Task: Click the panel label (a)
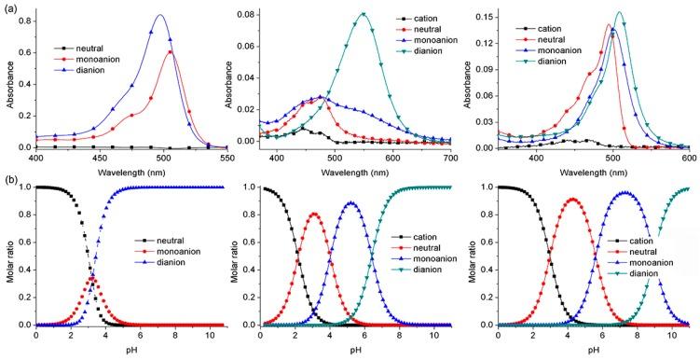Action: pyautogui.click(x=9, y=7)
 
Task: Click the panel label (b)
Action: pyautogui.click(x=9, y=179)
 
